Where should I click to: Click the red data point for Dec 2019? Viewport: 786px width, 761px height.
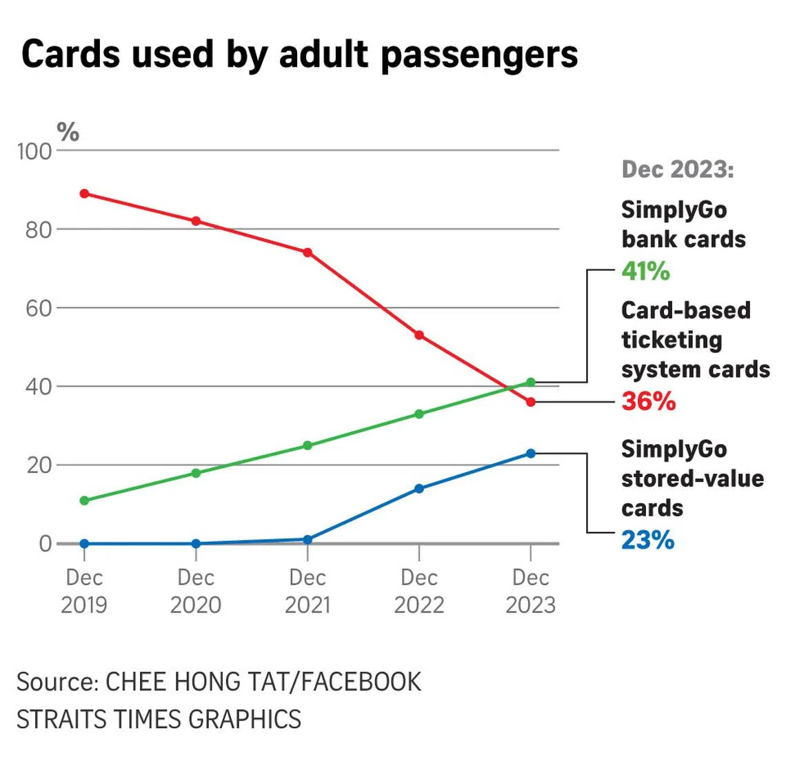(84, 194)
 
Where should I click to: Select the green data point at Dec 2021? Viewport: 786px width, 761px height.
(308, 445)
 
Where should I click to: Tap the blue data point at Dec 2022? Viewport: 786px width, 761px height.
(419, 489)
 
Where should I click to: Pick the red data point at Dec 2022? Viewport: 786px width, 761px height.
(419, 335)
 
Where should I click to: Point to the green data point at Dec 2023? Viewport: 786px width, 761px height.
(531, 382)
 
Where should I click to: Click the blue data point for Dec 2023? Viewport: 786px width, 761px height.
(531, 454)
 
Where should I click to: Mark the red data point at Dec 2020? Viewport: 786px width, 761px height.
(196, 221)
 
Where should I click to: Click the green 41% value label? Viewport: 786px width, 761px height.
(645, 271)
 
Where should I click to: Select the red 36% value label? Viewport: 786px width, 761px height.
(648, 400)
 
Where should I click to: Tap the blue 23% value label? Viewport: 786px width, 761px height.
(647, 540)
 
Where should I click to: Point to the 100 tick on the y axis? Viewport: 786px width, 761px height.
(34, 151)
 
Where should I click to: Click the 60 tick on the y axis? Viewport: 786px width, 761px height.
(39, 308)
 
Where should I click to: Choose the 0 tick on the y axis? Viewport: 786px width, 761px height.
(45, 544)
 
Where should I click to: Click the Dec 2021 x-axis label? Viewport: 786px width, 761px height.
(308, 591)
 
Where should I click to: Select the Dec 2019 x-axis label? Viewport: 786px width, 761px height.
(84, 591)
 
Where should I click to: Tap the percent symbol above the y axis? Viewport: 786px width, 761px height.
(68, 131)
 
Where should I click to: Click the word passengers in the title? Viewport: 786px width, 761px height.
(479, 55)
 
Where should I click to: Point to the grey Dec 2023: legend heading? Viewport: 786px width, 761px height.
(678, 170)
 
